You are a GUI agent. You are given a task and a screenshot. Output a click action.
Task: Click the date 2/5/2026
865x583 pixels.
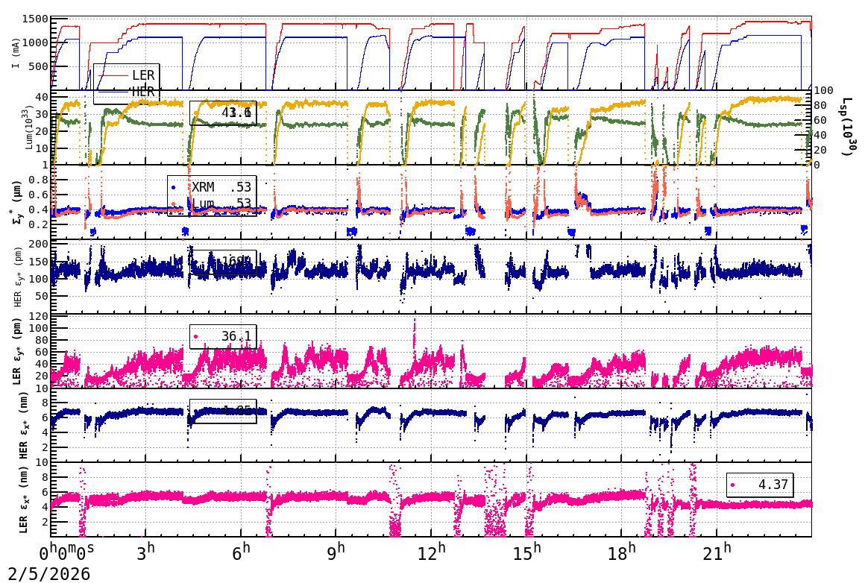(45, 573)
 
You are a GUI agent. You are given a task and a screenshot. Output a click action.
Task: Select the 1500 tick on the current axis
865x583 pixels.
(36, 19)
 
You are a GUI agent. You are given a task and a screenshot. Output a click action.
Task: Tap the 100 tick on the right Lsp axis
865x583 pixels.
(823, 90)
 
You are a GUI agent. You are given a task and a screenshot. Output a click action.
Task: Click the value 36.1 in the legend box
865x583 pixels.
(236, 336)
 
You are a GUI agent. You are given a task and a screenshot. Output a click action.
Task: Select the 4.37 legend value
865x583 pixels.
(773, 485)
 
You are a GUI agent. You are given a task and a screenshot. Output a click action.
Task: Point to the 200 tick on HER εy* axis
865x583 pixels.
(39, 244)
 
